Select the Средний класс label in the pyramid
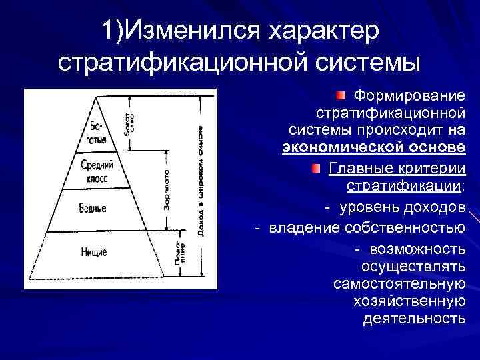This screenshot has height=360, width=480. coord(97,171)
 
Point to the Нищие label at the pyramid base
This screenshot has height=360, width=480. coord(94,252)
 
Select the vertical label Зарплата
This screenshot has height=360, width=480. coord(166,191)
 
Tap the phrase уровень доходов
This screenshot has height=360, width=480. coord(402,207)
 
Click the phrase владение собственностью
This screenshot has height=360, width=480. coord(367,228)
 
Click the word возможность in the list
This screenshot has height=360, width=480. coord(417,249)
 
